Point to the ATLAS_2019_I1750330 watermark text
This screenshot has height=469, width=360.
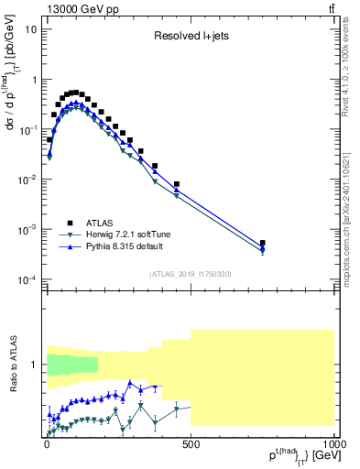tap(191, 273)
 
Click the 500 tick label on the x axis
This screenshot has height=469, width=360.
tap(191, 444)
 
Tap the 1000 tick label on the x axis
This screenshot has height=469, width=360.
tap(333, 444)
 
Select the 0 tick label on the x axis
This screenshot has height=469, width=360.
tap(47, 444)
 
